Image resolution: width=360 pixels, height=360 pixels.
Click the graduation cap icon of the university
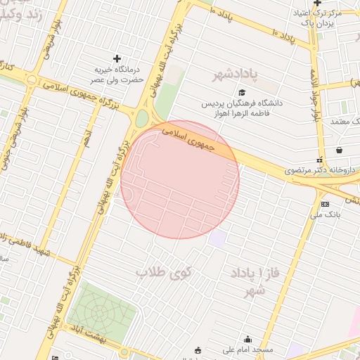pos(243,92)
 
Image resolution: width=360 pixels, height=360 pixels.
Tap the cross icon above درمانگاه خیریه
pos(117,58)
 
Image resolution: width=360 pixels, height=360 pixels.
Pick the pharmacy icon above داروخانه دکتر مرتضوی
pos(319,160)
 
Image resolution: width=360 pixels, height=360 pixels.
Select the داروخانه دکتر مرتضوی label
pos(313,170)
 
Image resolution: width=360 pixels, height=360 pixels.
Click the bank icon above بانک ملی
pos(324,204)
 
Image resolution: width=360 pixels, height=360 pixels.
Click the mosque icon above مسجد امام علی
pos(247,339)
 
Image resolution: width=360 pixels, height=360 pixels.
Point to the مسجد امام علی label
pos(247,349)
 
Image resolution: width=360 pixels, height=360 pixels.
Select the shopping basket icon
pos(340,150)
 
